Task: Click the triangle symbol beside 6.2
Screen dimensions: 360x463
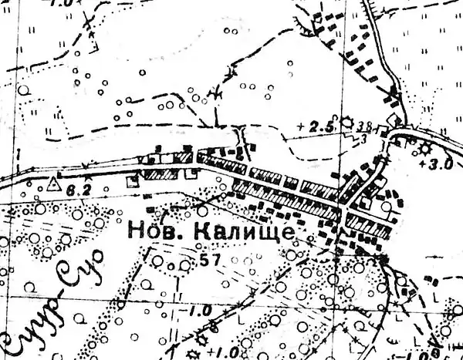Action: point(53,184)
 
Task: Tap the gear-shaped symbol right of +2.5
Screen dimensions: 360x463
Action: point(346,122)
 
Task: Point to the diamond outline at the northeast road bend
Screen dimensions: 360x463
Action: point(396,122)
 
